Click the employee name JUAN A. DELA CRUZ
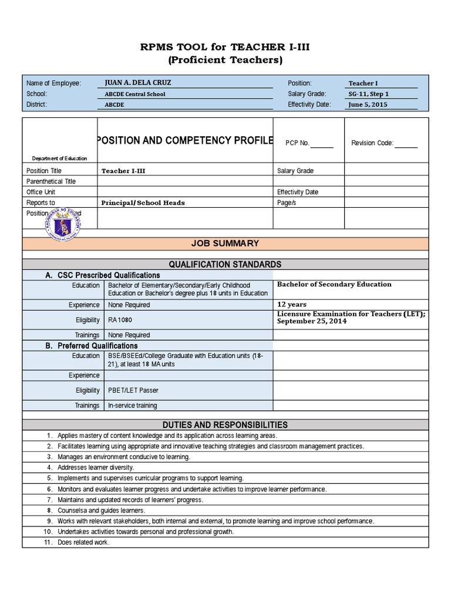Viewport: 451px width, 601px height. pyautogui.click(x=137, y=83)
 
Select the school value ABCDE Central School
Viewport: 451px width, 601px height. pyautogui.click(x=134, y=94)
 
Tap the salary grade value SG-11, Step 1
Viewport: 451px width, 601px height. pyautogui.click(x=369, y=94)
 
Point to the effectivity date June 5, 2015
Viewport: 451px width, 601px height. pyautogui.click(x=368, y=105)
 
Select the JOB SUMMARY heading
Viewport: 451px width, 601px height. pyautogui.click(x=225, y=244)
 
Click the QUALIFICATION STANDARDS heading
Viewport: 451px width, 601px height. pyautogui.click(x=225, y=265)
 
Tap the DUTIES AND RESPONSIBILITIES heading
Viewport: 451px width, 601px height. pyautogui.click(x=225, y=424)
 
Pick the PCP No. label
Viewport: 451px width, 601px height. pyautogui.click(x=297, y=143)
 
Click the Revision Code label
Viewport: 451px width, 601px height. pyautogui.click(x=372, y=143)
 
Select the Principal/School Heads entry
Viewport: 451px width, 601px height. pyautogui.click(x=143, y=202)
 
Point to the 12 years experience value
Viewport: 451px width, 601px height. pyautogui.click(x=291, y=305)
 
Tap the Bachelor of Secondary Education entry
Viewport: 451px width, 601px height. pyautogui.click(x=334, y=284)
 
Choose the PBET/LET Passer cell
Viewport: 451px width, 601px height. pyautogui.click(x=133, y=390)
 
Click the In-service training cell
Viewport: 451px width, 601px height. pyautogui.click(x=133, y=406)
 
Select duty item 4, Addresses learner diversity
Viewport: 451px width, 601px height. pyautogui.click(x=96, y=468)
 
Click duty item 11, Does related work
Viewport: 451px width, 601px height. pyautogui.click(x=83, y=542)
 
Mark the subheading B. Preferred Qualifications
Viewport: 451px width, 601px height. pyautogui.click(x=92, y=346)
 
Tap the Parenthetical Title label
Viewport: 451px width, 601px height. pyautogui.click(x=51, y=181)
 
